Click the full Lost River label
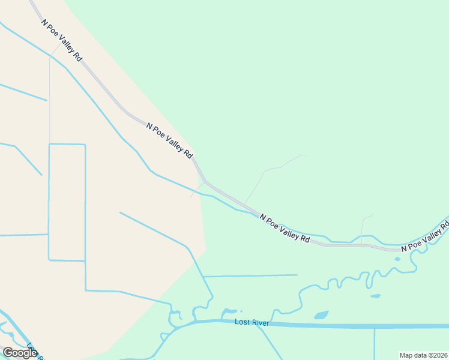(x=252, y=323)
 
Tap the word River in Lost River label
(x=260, y=323)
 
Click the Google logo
(x=20, y=352)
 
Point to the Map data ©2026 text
(x=423, y=355)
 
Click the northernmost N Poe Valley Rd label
(x=62, y=40)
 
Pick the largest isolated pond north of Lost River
(x=321, y=315)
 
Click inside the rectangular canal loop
(x=67, y=202)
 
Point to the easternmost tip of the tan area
(x=206, y=249)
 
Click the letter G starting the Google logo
(x=8, y=352)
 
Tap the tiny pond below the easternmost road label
(x=397, y=259)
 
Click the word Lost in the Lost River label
(x=243, y=323)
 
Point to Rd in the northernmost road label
(x=78, y=57)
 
